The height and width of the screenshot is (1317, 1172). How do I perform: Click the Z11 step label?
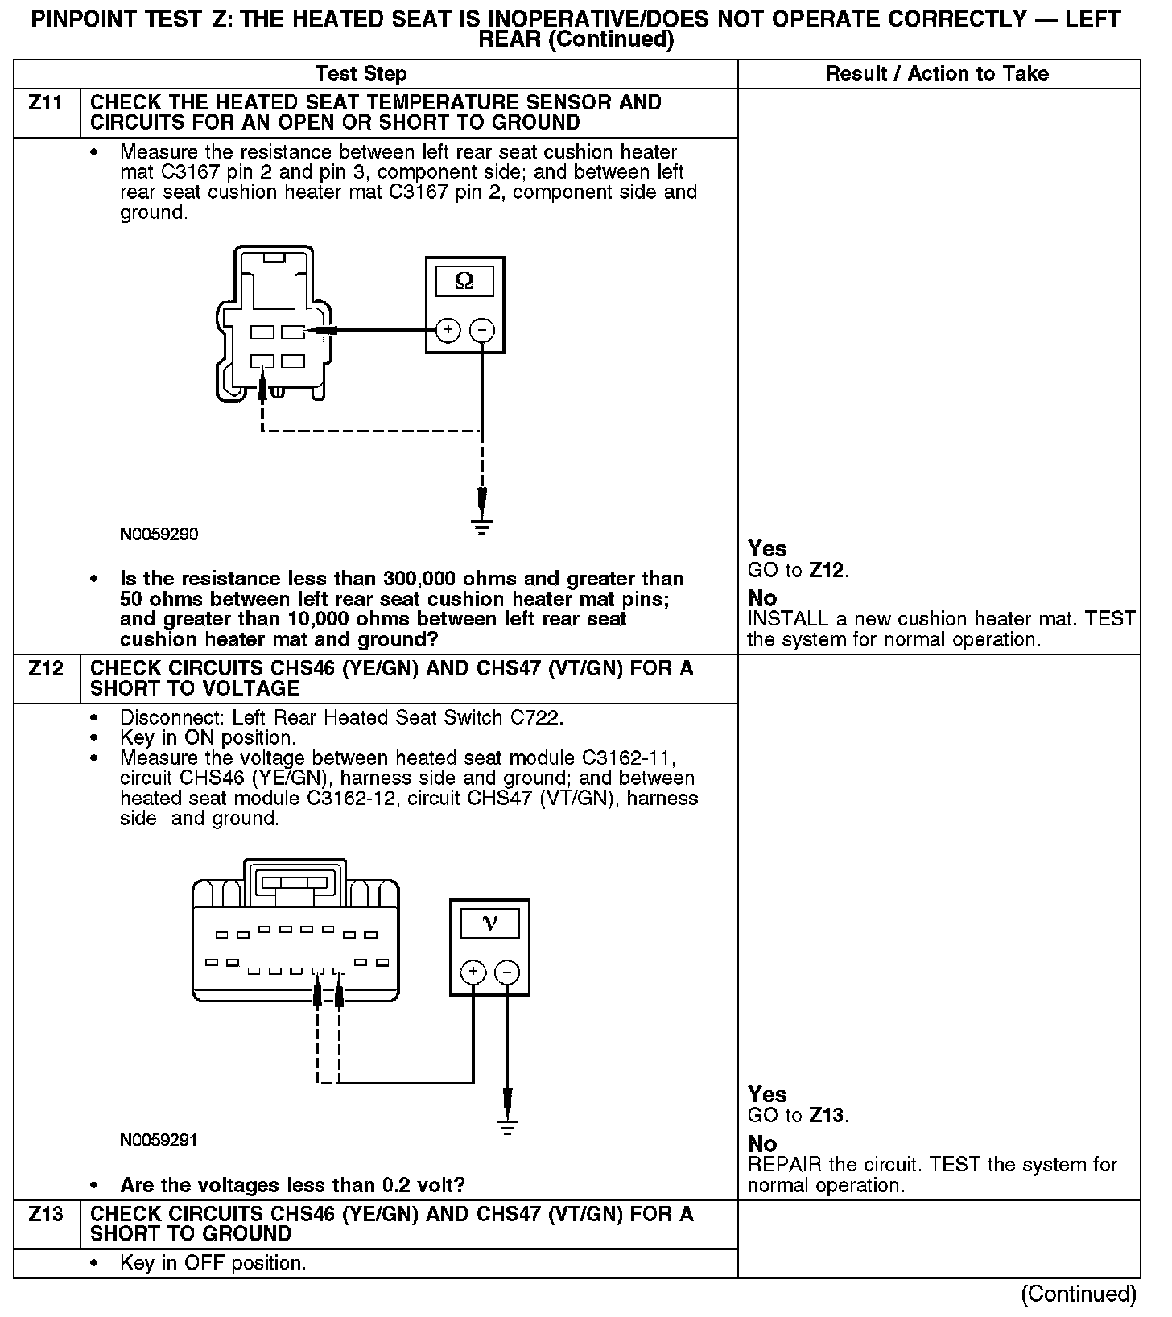[46, 104]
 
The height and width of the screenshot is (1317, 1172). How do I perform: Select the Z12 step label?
[46, 669]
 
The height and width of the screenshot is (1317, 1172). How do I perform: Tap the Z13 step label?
[46, 1214]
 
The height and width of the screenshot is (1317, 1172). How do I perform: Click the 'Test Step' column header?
[361, 74]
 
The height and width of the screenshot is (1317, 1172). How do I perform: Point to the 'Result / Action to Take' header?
[937, 74]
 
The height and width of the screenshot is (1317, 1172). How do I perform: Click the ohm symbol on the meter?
[464, 281]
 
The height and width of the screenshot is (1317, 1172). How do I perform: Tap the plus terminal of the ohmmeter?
[448, 330]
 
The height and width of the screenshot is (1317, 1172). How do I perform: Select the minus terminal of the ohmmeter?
[481, 330]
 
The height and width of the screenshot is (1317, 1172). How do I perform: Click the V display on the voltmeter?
[489, 923]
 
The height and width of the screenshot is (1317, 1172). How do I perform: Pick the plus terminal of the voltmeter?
[473, 972]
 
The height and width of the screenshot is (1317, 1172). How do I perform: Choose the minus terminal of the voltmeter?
[506, 972]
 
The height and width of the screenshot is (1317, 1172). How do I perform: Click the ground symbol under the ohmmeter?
[482, 527]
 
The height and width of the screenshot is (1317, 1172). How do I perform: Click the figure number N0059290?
[159, 535]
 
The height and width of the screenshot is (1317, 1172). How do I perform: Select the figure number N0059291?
[159, 1140]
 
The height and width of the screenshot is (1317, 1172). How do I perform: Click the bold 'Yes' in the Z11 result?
[766, 549]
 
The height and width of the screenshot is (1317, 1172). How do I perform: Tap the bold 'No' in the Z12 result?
[761, 1144]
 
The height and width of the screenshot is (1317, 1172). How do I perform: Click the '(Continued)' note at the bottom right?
[1078, 1294]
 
